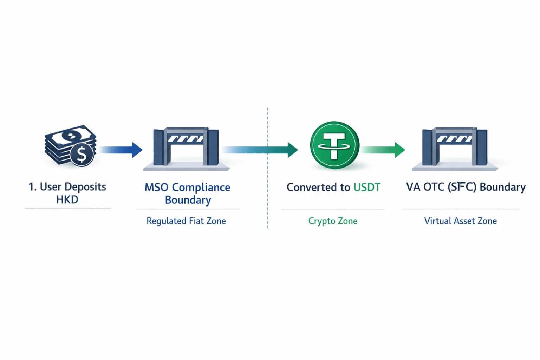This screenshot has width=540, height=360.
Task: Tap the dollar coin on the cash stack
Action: click(82, 154)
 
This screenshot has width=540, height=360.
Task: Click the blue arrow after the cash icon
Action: click(121, 150)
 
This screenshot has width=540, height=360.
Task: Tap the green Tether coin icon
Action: click(334, 145)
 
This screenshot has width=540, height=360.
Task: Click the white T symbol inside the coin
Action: click(334, 145)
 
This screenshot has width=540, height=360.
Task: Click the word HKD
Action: click(67, 199)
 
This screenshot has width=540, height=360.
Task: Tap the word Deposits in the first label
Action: click(85, 187)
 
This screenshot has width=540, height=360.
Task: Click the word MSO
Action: click(156, 187)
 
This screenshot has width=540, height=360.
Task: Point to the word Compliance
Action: click(201, 188)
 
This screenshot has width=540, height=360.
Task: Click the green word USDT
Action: click(367, 187)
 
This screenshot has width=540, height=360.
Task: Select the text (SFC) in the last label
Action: click(462, 187)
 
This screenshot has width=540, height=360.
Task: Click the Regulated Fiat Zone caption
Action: click(186, 221)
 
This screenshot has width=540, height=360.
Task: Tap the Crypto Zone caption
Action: click(333, 221)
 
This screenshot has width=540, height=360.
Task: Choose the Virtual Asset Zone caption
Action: click(460, 221)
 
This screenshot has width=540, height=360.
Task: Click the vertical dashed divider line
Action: click(268, 197)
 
